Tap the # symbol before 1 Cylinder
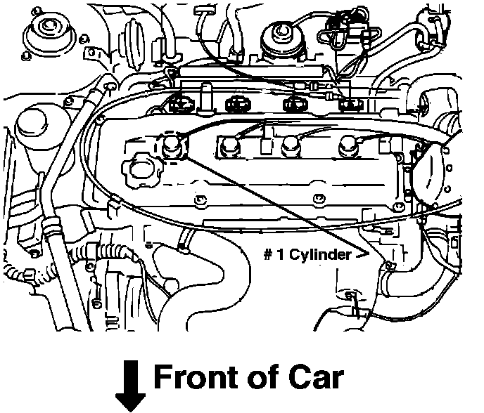tap(268, 255)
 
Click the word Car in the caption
tap(315, 378)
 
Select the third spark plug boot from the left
tap(289, 148)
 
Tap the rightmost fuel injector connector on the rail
tap(349, 104)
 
